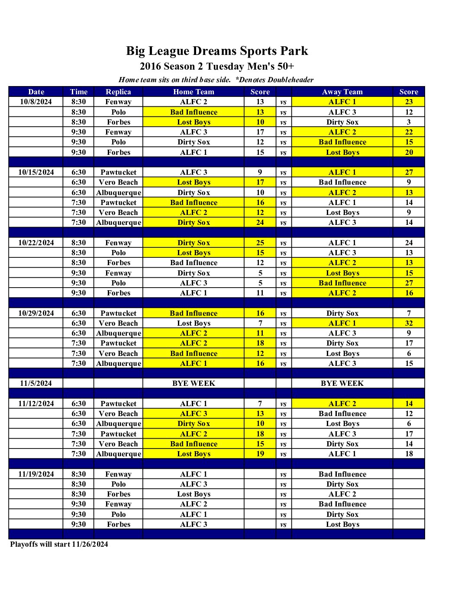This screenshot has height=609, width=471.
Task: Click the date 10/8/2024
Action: tap(36, 102)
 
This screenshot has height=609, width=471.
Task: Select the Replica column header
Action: tap(118, 92)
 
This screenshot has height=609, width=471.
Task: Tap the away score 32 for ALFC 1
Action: tap(409, 323)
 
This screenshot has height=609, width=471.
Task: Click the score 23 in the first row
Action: tap(409, 102)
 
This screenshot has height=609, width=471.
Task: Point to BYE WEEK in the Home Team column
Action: tap(194, 383)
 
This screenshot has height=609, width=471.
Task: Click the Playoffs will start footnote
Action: tap(59, 544)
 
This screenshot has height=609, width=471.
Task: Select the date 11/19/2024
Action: tap(36, 474)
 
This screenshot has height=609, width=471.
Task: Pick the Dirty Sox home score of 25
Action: tap(260, 243)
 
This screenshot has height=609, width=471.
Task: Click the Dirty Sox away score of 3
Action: tap(409, 122)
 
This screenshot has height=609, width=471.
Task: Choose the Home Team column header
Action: tap(194, 92)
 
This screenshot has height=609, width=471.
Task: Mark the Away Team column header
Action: tap(342, 92)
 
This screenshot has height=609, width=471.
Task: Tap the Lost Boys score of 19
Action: tap(260, 454)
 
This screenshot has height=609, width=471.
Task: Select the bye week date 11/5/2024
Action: tap(36, 383)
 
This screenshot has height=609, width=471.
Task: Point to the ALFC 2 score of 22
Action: tap(409, 132)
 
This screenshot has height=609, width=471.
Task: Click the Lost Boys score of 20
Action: tap(409, 152)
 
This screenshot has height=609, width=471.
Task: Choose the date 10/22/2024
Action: tap(36, 243)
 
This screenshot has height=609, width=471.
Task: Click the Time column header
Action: tap(78, 92)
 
